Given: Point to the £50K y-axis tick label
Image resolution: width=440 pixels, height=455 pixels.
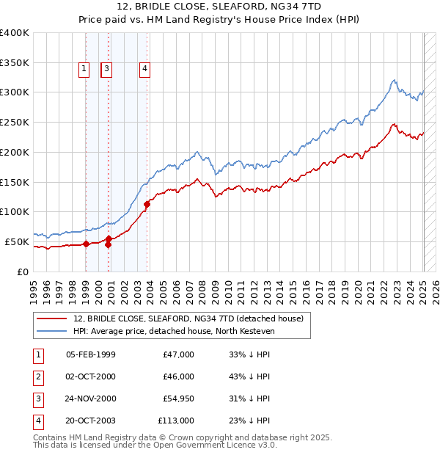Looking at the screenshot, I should pos(17,241).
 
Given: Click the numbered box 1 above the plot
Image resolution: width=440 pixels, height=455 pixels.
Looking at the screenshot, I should pos(84,69).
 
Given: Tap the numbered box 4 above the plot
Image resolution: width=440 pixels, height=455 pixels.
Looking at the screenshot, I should pos(145,69).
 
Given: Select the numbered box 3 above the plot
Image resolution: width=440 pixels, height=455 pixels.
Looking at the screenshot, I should pos(107,69).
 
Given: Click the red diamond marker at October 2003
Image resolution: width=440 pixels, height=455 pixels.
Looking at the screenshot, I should pos(147,204).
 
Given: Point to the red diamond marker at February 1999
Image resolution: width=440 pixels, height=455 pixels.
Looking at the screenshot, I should pos(86,244).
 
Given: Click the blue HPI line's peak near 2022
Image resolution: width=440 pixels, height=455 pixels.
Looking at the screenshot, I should pos(395,80).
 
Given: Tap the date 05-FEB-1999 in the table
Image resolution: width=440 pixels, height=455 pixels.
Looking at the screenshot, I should pos(91,354).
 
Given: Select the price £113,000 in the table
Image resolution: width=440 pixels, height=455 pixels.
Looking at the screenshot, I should pos(176,421).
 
